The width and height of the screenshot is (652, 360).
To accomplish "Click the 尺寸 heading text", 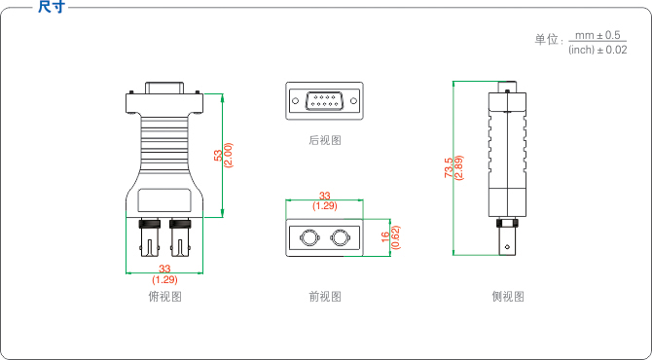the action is pyautogui.click(x=52, y=7).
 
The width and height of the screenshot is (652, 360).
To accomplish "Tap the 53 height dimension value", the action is pyautogui.click(x=218, y=156).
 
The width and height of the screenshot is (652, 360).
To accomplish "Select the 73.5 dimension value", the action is pyautogui.click(x=449, y=167).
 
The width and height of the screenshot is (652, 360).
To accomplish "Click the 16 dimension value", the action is pyautogui.click(x=386, y=237).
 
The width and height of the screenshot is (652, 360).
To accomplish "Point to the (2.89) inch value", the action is pyautogui.click(x=458, y=167).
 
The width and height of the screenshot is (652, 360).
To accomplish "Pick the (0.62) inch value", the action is pyautogui.click(x=396, y=237).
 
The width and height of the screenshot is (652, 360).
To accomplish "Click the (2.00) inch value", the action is pyautogui.click(x=228, y=155).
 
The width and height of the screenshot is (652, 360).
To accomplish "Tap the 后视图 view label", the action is pyautogui.click(x=325, y=140).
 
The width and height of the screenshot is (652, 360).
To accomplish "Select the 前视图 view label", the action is pyautogui.click(x=325, y=297).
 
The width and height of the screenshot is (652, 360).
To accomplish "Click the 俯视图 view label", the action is pyautogui.click(x=165, y=297).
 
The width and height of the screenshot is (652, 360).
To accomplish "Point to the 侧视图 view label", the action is pyautogui.click(x=508, y=297).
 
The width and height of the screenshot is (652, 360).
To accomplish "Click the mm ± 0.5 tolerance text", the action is pyautogui.click(x=598, y=36).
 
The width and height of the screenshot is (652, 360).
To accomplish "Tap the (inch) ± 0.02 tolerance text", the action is pyautogui.click(x=598, y=50).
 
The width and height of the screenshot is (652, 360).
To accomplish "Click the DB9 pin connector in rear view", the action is pyautogui.click(x=324, y=101).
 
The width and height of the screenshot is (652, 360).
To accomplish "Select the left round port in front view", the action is pyautogui.click(x=308, y=237).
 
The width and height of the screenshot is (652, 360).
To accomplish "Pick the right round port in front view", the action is pyautogui.click(x=340, y=237).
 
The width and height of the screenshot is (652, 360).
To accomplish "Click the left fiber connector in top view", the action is pyautogui.click(x=150, y=237).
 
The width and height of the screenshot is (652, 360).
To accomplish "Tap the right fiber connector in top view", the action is pyautogui.click(x=180, y=237).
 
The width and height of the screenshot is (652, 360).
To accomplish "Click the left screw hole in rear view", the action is pyautogui.click(x=295, y=101).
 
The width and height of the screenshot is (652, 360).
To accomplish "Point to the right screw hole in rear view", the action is pyautogui.click(x=354, y=101).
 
